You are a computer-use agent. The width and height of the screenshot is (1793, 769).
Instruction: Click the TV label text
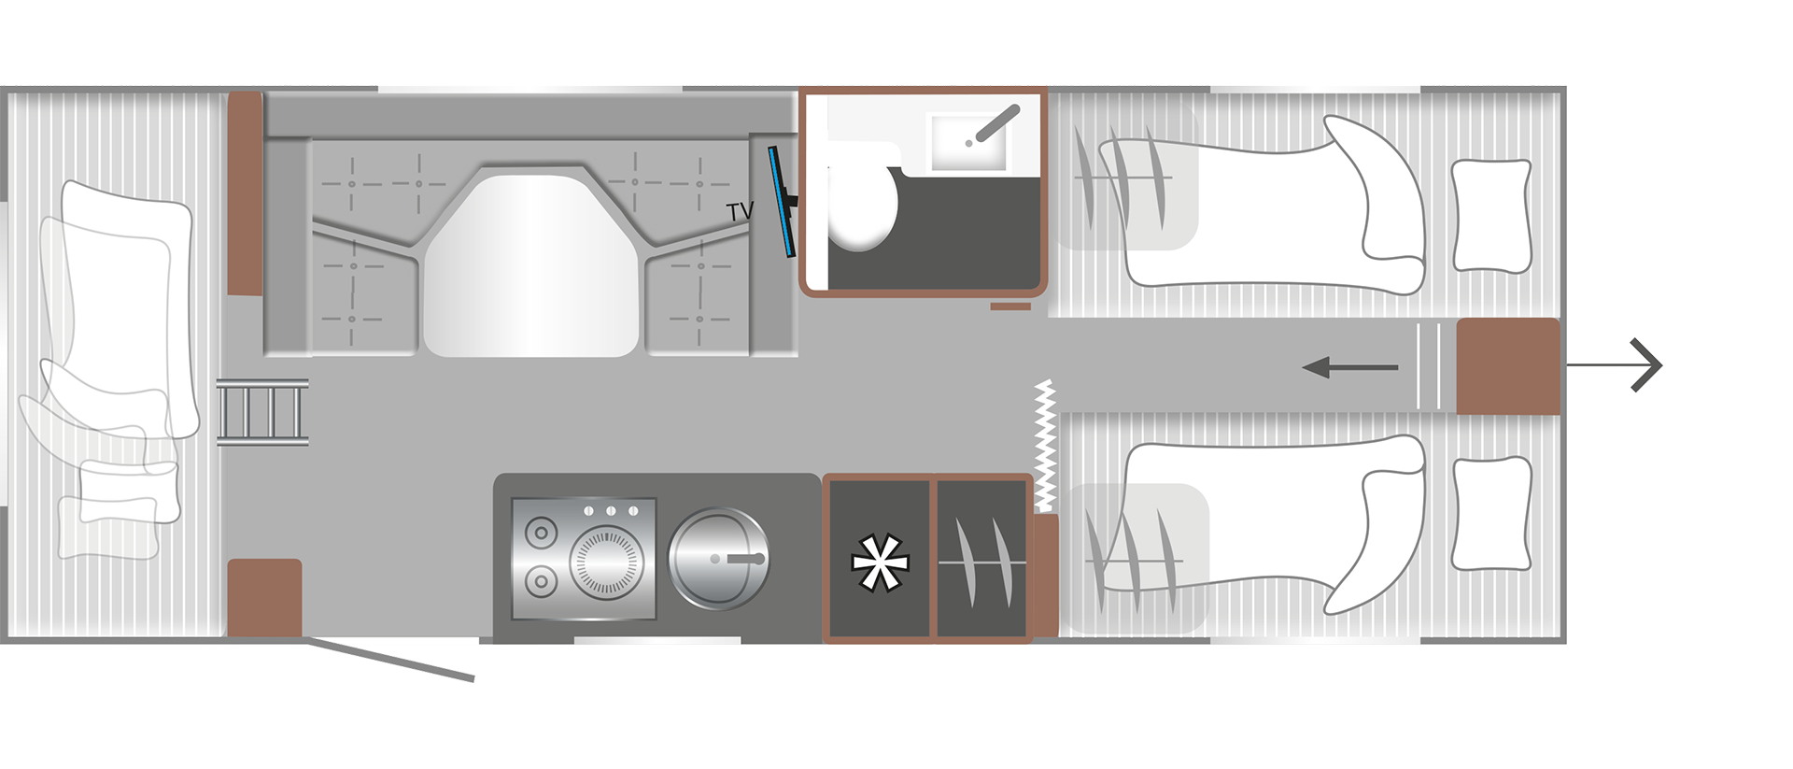(x=740, y=212)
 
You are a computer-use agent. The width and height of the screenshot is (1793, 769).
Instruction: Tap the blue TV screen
(x=781, y=202)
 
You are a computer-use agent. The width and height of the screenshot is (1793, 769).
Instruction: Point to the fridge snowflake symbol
(x=880, y=563)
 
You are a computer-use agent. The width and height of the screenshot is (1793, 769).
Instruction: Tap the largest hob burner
(x=606, y=563)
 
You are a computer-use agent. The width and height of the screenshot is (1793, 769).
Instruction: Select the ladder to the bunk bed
(x=262, y=412)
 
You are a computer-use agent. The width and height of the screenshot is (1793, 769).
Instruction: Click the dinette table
(x=531, y=265)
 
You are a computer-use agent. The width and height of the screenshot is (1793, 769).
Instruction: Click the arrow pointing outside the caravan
(x=1614, y=365)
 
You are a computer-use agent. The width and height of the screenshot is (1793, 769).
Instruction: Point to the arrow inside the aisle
(x=1349, y=367)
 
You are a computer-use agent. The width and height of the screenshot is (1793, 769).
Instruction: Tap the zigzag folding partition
(x=1045, y=446)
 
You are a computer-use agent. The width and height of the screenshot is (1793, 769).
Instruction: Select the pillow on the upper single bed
(x=1491, y=216)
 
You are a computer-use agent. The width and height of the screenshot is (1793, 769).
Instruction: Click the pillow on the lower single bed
(x=1492, y=513)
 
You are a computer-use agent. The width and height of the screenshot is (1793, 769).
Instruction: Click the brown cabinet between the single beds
(x=1508, y=366)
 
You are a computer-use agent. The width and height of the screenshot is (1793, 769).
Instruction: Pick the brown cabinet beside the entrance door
(x=265, y=598)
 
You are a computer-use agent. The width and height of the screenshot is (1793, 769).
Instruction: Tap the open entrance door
(x=390, y=659)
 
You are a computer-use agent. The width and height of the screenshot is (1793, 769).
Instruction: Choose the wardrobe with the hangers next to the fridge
(x=982, y=560)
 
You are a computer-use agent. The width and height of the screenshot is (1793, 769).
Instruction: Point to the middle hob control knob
(x=611, y=511)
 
